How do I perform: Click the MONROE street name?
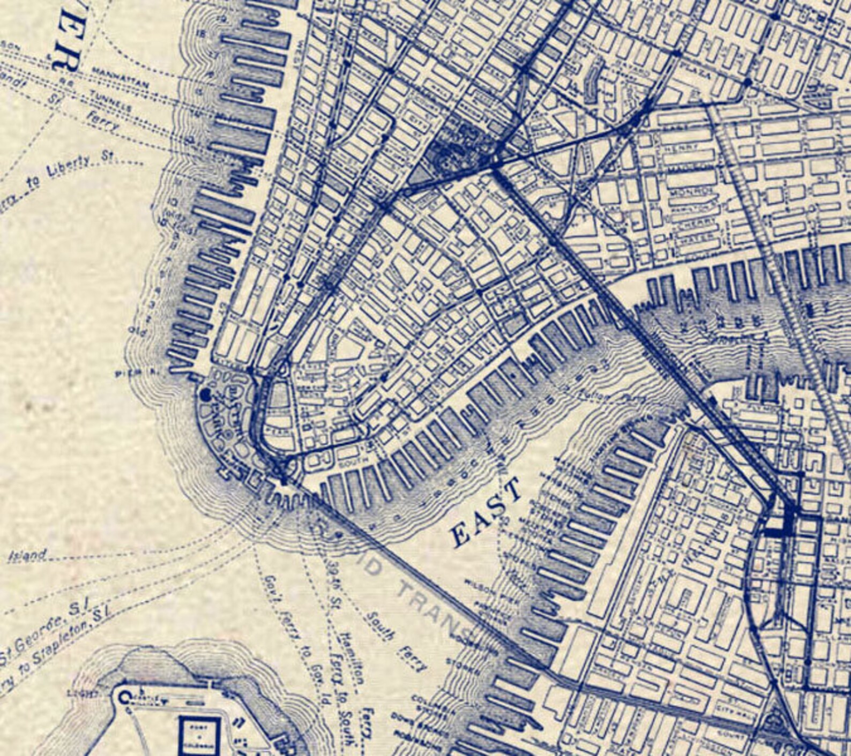tap(696, 191)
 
